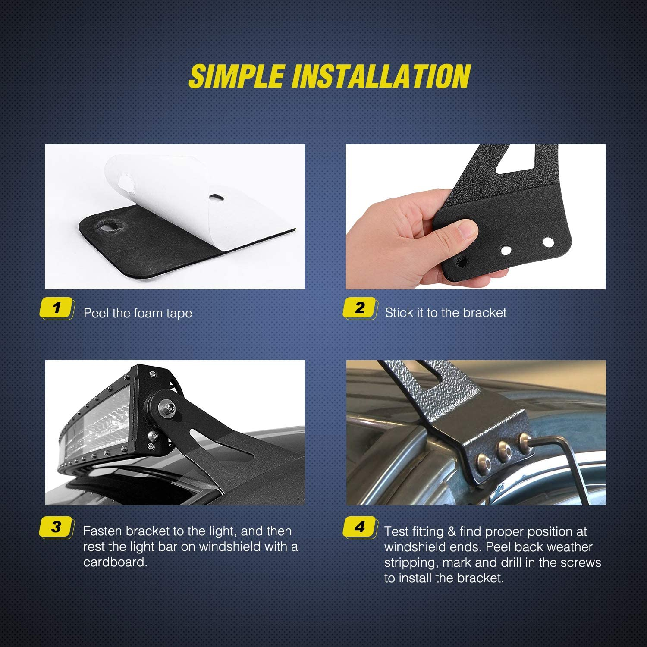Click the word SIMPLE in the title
coord(236,76)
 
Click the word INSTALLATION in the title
coord(381,76)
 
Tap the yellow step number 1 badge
coord(57,308)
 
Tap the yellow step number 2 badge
coord(360,308)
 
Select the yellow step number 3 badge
coord(57,527)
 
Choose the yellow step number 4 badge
coord(360,527)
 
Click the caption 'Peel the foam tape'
coord(138,313)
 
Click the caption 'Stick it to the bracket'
coord(446,313)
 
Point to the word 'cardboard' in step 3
coord(114,562)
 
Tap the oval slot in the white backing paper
coord(217,197)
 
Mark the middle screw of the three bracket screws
coord(504,451)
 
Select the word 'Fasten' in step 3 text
coord(103,531)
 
